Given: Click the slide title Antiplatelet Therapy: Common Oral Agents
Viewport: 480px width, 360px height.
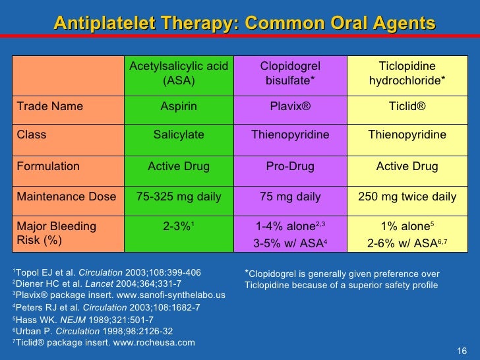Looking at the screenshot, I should (x=245, y=23).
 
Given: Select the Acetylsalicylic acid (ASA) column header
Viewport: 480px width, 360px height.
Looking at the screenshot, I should (x=179, y=73).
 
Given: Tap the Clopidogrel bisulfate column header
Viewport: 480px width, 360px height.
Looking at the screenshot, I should (x=290, y=73).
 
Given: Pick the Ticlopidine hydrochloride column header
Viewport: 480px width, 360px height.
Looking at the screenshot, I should (x=407, y=73).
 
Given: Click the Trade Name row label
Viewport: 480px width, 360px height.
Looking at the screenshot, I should (x=50, y=106).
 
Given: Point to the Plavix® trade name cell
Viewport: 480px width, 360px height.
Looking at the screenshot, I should (x=290, y=106).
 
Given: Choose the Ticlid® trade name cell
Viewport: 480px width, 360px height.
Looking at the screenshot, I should (x=407, y=106).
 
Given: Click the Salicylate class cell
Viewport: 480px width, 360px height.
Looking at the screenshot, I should (x=179, y=135).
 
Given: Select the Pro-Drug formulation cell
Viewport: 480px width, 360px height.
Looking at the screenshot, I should (x=290, y=167).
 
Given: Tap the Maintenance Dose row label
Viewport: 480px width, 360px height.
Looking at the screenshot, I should (x=66, y=196).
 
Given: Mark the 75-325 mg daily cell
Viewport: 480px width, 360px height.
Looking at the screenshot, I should (x=179, y=196).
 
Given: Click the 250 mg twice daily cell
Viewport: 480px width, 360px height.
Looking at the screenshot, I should (x=407, y=196).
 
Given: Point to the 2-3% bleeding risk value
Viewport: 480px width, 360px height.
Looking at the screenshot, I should (x=177, y=227).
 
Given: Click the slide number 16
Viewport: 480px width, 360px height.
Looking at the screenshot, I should (x=462, y=349).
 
